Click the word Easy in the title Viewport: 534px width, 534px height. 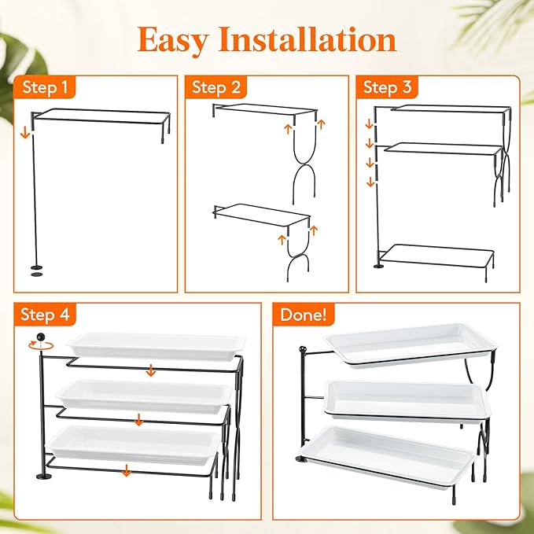pos(173,41)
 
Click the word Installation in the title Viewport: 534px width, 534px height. pos(308,39)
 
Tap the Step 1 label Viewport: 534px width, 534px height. pos(45,87)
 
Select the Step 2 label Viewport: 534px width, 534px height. pos(216,87)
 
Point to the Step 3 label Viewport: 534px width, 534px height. pos(388,87)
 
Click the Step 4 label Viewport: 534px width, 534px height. pos(45,314)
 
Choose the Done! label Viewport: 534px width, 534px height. pos(304,315)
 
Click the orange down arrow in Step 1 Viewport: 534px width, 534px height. pos(25,132)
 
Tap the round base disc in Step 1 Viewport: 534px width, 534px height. pos(36,267)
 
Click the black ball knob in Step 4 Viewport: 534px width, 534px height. pos(41,337)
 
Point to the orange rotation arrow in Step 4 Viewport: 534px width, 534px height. pos(41,345)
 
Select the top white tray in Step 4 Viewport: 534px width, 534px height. pos(156,346)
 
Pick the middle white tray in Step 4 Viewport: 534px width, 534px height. pos(144,396)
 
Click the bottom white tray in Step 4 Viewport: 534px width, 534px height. pos(133,445)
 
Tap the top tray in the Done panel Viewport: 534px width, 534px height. pos(411,344)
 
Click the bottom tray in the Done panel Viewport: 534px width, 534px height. pos(387,458)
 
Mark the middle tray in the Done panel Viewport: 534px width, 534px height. pos(407,401)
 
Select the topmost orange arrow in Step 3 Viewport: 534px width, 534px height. pos(370,123)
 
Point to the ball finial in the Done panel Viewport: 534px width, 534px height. pos(302,349)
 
